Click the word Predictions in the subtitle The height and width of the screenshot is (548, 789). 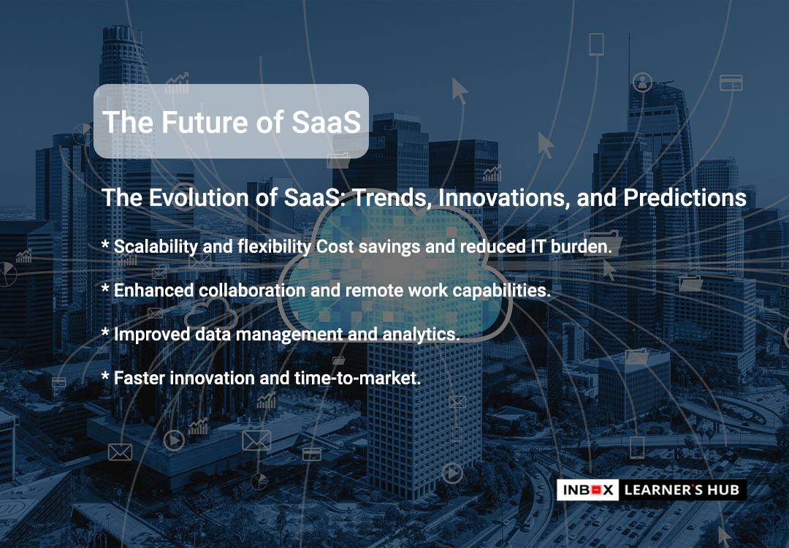685,198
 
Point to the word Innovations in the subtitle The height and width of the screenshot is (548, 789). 503,198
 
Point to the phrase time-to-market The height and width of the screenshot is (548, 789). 357,378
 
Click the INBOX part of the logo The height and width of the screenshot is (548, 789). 588,490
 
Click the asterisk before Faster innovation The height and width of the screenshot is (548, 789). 105,376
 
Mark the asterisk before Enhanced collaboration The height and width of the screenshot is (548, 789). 105,287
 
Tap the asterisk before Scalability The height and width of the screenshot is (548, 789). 105,244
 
